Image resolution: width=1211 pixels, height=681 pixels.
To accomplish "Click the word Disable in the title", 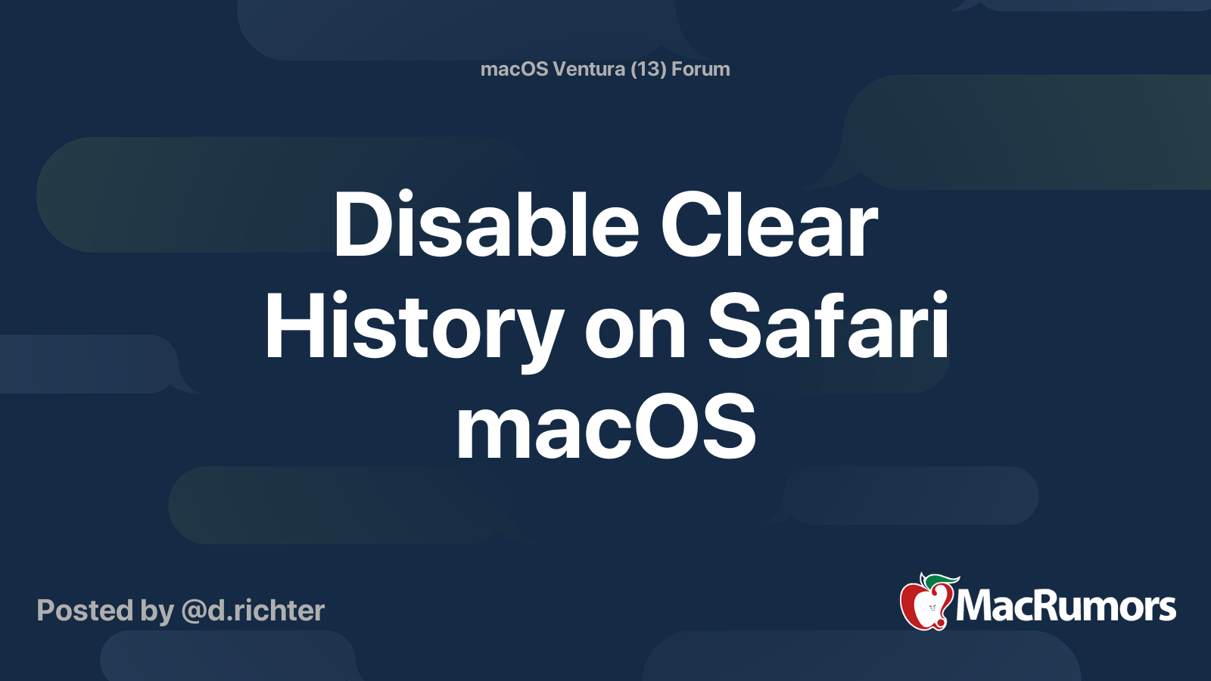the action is (487, 223).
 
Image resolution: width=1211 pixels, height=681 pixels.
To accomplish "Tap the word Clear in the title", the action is (769, 223).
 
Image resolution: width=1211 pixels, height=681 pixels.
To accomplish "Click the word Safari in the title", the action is (828, 325).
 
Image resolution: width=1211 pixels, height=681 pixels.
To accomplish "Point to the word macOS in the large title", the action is (606, 426).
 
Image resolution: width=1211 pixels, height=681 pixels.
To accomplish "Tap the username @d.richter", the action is (253, 611).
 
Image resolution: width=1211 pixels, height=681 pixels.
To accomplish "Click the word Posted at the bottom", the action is (86, 611).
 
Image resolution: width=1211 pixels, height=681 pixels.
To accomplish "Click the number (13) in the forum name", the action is (648, 69).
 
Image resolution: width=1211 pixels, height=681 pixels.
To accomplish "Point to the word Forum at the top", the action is (701, 69).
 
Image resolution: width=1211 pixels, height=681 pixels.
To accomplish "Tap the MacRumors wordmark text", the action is (1066, 606).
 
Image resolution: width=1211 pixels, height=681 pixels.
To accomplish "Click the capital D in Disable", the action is (361, 223).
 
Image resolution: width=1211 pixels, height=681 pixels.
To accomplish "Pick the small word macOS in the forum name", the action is (514, 69).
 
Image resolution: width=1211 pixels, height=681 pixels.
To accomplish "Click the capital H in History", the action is (294, 325).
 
